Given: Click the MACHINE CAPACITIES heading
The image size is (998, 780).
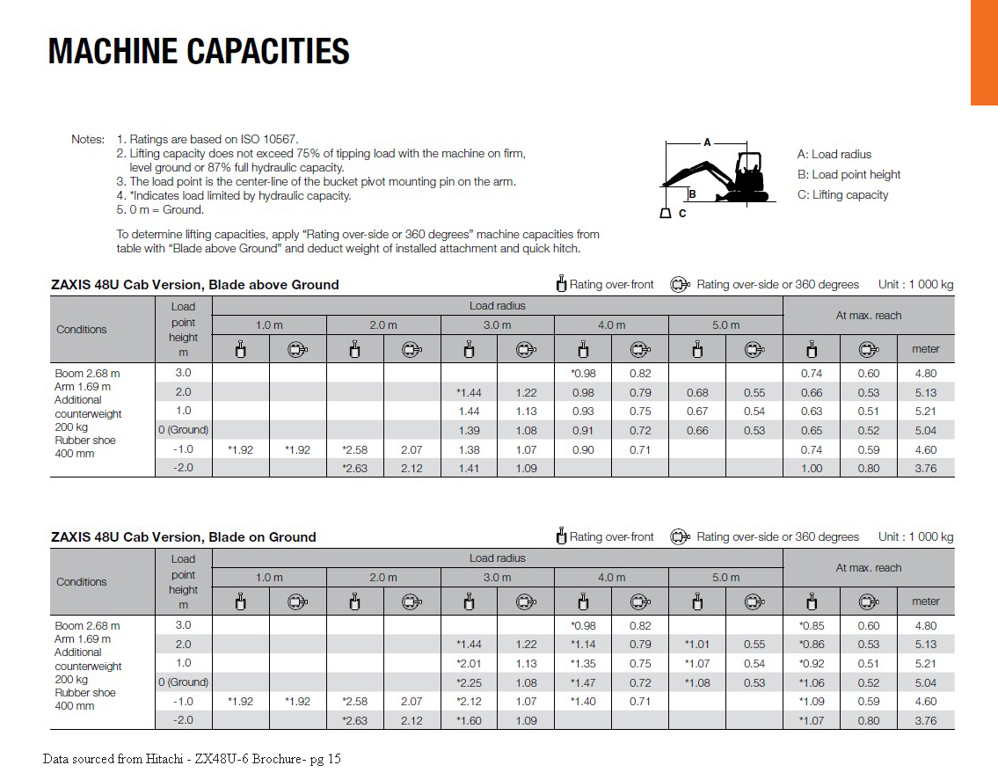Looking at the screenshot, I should tap(199, 52).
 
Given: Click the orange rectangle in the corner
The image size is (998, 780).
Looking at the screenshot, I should tap(984, 52).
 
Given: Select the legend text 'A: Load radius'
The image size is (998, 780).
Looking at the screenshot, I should tap(834, 155).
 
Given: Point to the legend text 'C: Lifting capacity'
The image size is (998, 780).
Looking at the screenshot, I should tap(842, 195).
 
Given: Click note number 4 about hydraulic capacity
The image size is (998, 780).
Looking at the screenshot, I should tap(234, 196).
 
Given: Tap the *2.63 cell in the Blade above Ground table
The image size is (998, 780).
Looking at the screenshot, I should tap(353, 469).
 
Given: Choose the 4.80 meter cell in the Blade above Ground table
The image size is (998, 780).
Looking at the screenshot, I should tap(925, 373).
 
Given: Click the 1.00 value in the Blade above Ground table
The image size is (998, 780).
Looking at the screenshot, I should tap(811, 469).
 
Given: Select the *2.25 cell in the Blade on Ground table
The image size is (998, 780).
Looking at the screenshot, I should tap(468, 683).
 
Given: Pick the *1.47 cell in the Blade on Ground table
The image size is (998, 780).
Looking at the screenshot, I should tap(582, 683).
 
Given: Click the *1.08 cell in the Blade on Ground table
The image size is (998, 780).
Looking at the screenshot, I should tap(696, 683).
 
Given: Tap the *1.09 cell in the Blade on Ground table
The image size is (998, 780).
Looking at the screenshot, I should tap(811, 702).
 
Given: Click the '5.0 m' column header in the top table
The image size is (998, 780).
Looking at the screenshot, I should tap(725, 325).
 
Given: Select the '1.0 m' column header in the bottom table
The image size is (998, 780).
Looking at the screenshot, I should tap(269, 578).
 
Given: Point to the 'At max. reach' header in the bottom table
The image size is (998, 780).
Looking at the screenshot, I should tap(868, 568).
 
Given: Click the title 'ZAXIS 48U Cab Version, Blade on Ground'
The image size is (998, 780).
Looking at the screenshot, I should tap(183, 537).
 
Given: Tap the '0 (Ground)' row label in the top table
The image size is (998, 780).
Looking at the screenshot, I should tap(183, 431).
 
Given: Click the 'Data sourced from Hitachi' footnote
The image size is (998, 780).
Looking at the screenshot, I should tap(192, 759).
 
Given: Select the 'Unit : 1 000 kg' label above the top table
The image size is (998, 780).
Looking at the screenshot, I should tap(915, 285).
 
